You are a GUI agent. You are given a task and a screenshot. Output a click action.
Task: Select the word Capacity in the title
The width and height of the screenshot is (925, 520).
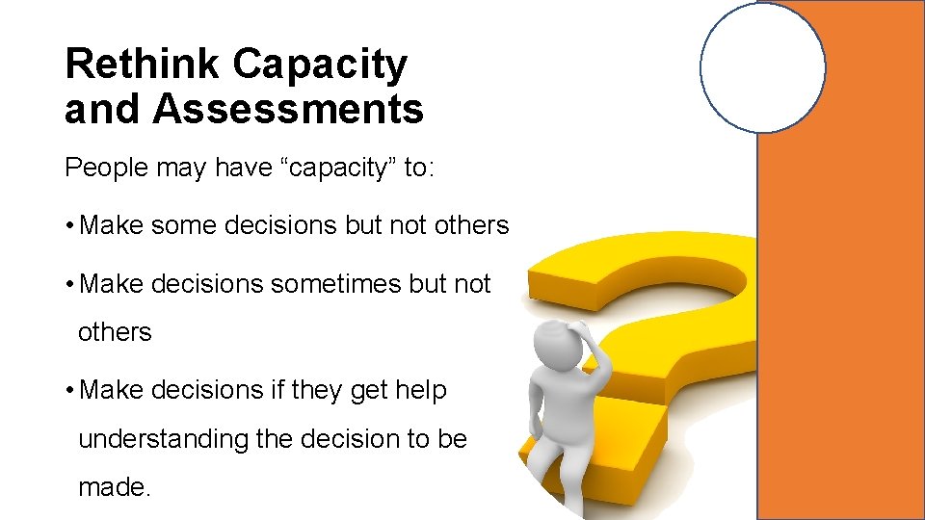tap(320, 65)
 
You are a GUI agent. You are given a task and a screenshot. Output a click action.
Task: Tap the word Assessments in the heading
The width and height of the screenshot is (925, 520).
tap(287, 109)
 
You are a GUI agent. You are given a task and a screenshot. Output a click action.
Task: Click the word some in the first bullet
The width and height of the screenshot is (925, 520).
tap(183, 225)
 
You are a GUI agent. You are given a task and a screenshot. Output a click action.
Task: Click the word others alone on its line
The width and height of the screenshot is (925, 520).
tap(115, 332)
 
